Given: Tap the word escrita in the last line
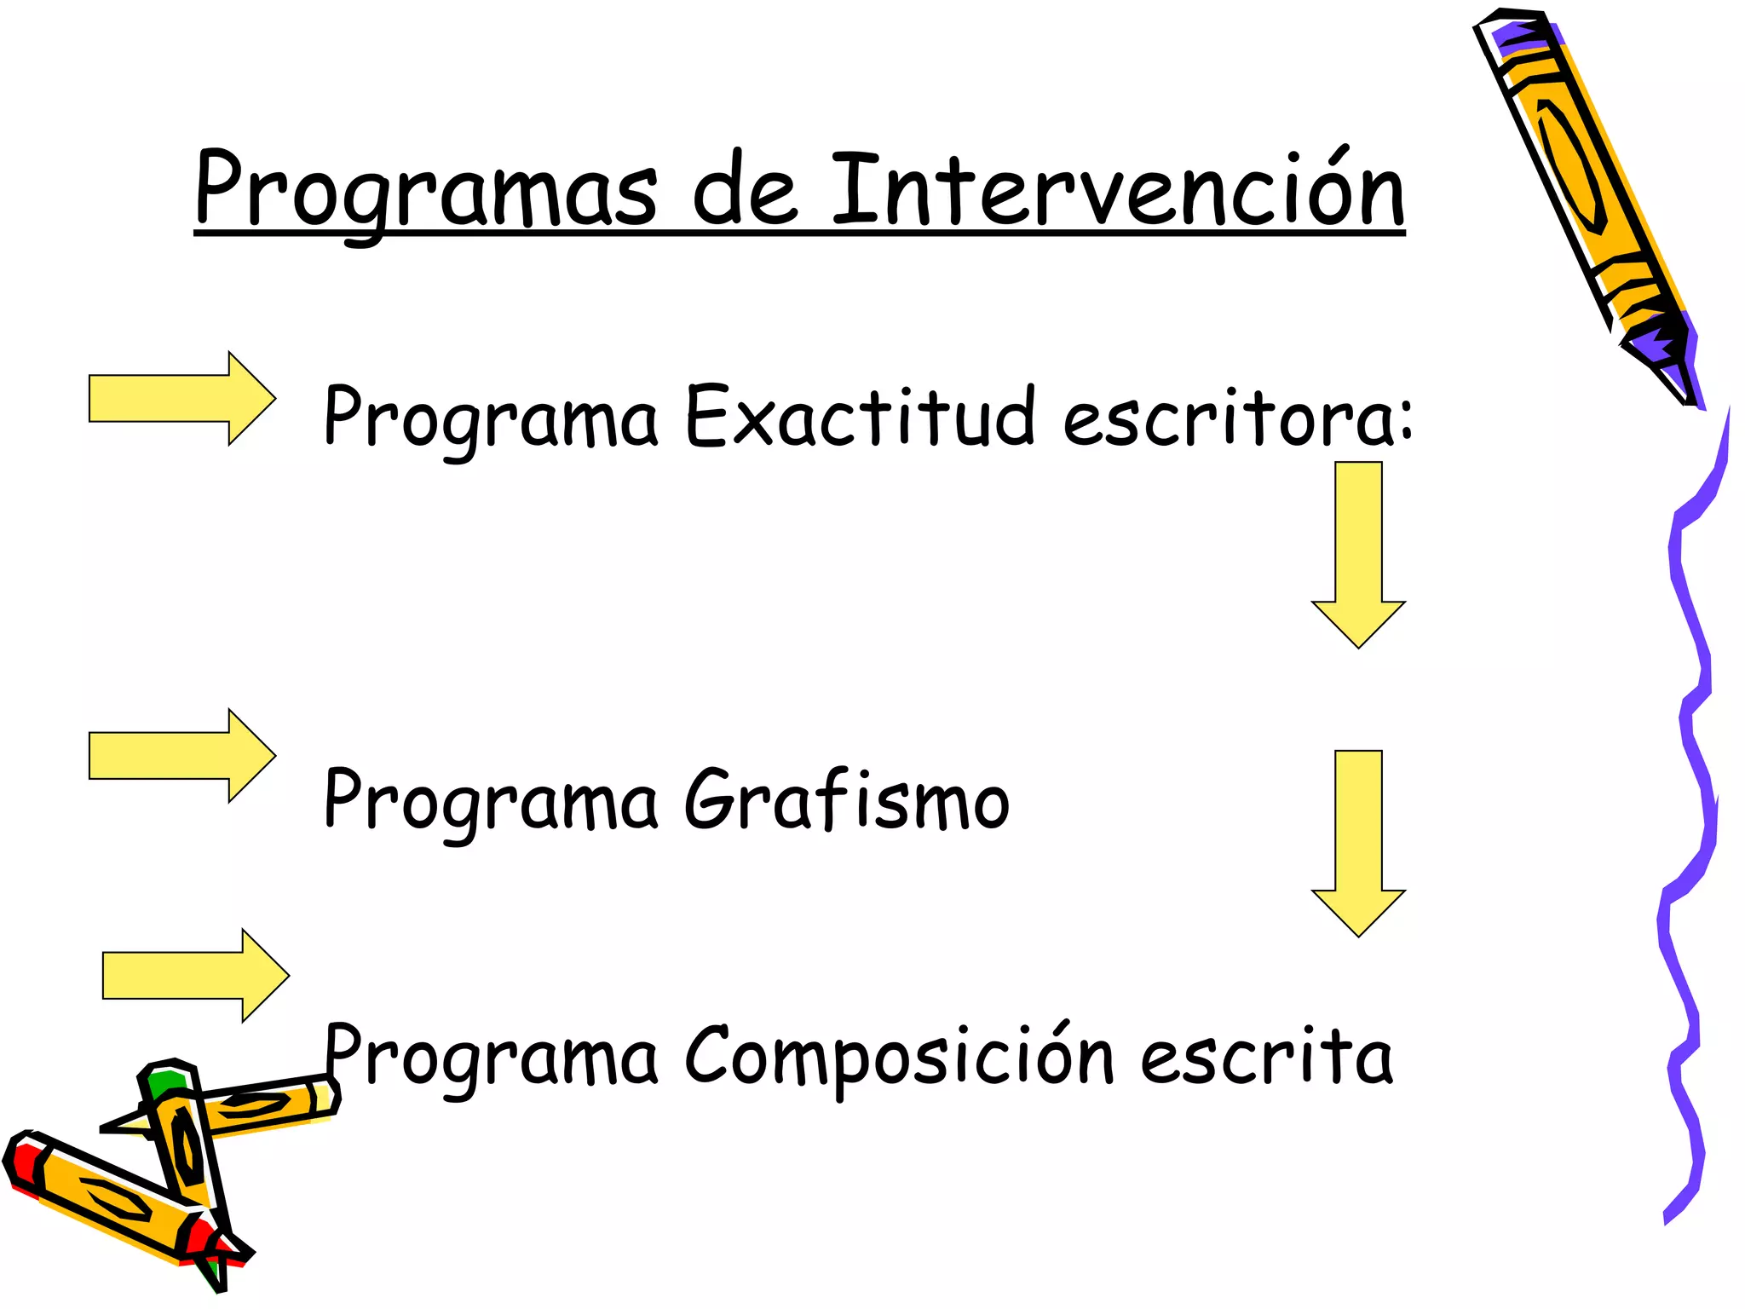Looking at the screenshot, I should point(1266,1057).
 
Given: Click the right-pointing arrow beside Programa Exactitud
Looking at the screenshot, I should point(181,398).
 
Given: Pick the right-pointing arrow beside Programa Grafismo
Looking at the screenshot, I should point(181,755).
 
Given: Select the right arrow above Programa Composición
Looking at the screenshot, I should point(195,975).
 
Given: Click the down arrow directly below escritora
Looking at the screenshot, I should point(1358,554).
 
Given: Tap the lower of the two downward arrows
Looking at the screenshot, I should point(1358,842).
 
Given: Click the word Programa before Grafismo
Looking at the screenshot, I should point(491,801).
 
